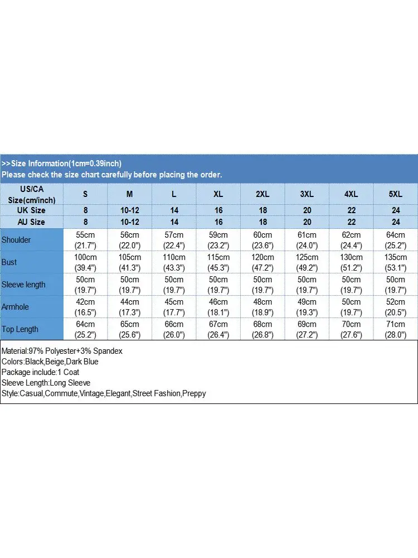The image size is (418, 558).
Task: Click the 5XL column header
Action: pyautogui.click(x=395, y=194)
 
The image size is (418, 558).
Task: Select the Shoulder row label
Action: pyautogui.click(x=17, y=240)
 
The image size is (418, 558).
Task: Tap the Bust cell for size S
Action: pyautogui.click(x=86, y=262)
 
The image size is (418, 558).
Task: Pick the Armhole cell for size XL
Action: pyautogui.click(x=218, y=307)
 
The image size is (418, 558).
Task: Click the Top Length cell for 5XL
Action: pyautogui.click(x=395, y=329)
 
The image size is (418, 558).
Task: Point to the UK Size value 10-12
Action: pyautogui.click(x=130, y=210)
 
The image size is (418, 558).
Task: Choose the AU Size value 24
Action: pyautogui.click(x=395, y=222)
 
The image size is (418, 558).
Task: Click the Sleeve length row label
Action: pyautogui.click(x=23, y=285)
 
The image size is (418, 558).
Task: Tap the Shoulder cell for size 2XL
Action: pyautogui.click(x=263, y=240)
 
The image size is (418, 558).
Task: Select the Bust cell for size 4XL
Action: pyautogui.click(x=351, y=262)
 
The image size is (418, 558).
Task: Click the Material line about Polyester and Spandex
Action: pyautogui.click(x=62, y=351)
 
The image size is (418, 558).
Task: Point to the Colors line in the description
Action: pyautogui.click(x=50, y=362)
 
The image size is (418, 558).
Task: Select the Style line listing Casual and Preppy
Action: pyautogui.click(x=104, y=393)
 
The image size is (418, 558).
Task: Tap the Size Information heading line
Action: pyautogui.click(x=61, y=163)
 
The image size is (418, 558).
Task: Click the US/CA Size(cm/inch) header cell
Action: pyautogui.click(x=32, y=194)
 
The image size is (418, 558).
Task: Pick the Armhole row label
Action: pyautogui.click(x=16, y=307)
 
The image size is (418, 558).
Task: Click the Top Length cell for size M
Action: pyautogui.click(x=130, y=329)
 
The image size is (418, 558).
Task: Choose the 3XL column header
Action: pyautogui.click(x=307, y=194)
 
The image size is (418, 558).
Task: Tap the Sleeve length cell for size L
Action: pyautogui.click(x=174, y=285)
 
